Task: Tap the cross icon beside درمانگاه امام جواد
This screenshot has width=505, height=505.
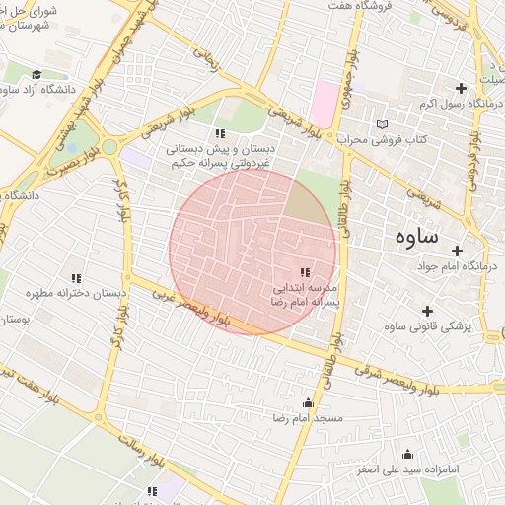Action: [x=457, y=252]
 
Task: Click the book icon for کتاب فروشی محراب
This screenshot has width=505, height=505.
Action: [x=383, y=124]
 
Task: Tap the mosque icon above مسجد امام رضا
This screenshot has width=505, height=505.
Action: [x=308, y=402]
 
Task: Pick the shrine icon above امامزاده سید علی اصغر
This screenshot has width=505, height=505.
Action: [x=407, y=455]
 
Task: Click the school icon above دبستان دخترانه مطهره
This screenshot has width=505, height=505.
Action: [x=76, y=278]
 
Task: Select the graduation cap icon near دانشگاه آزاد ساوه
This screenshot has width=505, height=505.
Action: [x=36, y=75]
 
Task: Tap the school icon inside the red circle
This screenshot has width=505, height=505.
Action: [x=305, y=272]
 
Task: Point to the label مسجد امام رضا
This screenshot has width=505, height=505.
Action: [x=308, y=418]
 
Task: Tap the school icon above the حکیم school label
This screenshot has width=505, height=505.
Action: [x=220, y=133]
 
